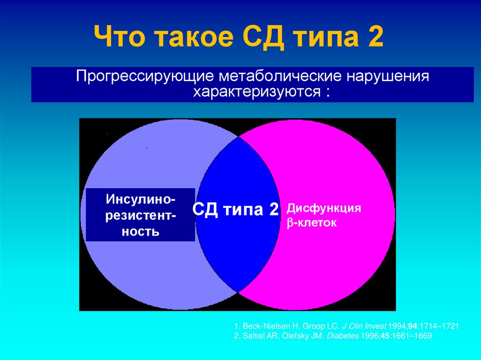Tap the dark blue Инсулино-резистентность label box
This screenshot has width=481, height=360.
pyautogui.click(x=140, y=215)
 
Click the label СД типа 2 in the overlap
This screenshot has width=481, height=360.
pyautogui.click(x=236, y=209)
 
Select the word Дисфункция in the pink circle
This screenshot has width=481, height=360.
pyautogui.click(x=324, y=208)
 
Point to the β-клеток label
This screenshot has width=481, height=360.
pyautogui.click(x=312, y=223)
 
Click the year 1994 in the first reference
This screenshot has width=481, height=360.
pyautogui.click(x=396, y=326)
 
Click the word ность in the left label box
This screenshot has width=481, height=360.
pyautogui.click(x=140, y=231)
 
